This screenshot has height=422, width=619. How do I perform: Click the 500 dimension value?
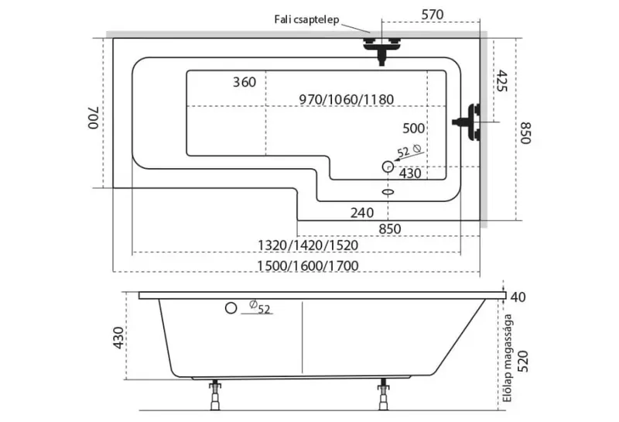(414, 128)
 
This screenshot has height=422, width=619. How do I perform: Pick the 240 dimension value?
(361, 212)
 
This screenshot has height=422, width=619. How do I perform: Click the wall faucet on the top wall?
(383, 49)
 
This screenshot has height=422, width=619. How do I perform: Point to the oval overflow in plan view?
(389, 190)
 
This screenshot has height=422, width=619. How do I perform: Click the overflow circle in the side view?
(230, 308)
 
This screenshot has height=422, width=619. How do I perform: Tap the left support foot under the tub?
(214, 395)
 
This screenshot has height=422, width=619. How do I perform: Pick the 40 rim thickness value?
(518, 297)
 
